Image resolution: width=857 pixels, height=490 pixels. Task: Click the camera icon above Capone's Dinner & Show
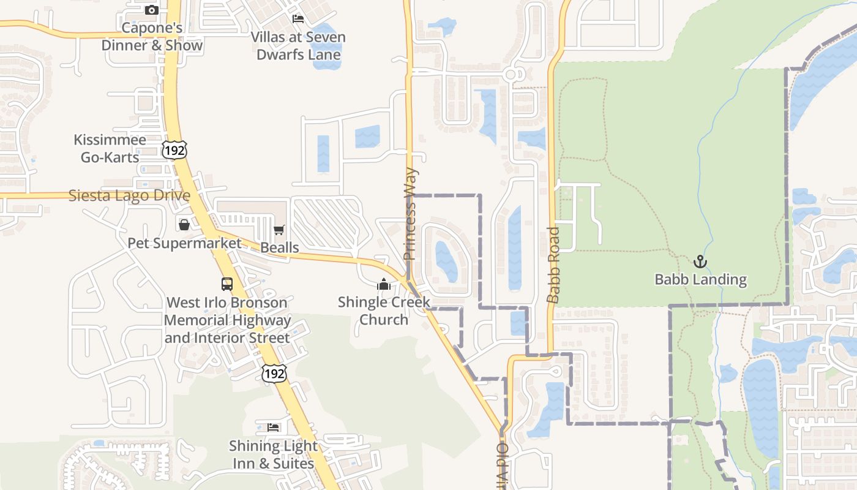click(152, 10)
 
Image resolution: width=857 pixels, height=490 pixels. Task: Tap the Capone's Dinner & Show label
click(152, 37)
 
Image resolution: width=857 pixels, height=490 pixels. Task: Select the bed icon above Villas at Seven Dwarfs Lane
click(298, 18)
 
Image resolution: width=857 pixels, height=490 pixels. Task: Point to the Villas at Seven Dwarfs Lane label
click(298, 46)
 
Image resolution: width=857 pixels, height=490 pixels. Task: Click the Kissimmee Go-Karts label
click(110, 148)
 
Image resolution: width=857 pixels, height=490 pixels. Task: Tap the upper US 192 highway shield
click(174, 149)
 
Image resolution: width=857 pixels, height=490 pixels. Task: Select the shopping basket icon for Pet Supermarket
click(184, 224)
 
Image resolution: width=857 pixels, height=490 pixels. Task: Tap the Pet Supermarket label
click(184, 243)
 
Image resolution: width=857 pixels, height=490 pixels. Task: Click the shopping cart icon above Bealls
click(279, 230)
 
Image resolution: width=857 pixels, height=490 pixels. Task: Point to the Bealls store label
click(280, 247)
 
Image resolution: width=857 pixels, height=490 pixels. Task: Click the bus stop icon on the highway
click(227, 284)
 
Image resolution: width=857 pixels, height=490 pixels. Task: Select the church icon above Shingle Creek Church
click(384, 284)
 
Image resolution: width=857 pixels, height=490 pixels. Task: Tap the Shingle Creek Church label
click(384, 311)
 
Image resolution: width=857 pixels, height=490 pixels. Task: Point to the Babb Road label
click(553, 265)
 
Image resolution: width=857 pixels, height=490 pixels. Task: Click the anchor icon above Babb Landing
click(700, 262)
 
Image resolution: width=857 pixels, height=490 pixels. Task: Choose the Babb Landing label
click(700, 280)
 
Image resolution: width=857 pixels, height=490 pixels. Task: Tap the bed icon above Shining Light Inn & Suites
click(273, 427)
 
